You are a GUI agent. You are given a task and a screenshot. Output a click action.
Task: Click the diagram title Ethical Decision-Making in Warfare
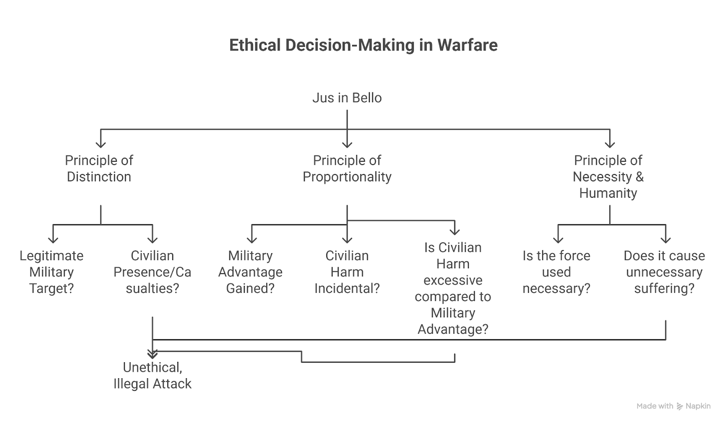pyautogui.click(x=363, y=45)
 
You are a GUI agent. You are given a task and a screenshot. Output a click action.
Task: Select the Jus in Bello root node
pyautogui.click(x=347, y=98)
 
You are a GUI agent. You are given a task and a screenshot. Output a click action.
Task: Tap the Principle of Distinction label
pyautogui.click(x=99, y=169)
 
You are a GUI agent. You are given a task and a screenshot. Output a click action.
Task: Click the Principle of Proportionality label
pyautogui.click(x=347, y=169)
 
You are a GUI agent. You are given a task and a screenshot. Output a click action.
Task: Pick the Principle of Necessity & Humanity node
pyautogui.click(x=608, y=177)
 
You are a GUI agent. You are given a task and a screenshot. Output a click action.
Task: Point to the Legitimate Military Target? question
pyautogui.click(x=51, y=272)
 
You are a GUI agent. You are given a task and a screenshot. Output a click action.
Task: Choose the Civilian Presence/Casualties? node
pyautogui.click(x=152, y=272)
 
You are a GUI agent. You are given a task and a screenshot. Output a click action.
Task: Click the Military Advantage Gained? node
pyautogui.click(x=250, y=272)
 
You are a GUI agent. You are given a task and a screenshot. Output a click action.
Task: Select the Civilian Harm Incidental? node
pyautogui.click(x=347, y=272)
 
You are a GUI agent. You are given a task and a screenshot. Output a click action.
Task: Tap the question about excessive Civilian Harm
pyautogui.click(x=453, y=288)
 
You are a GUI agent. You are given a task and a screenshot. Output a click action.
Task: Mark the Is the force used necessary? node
pyautogui.click(x=556, y=272)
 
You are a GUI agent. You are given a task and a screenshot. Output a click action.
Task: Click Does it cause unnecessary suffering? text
pyautogui.click(x=664, y=272)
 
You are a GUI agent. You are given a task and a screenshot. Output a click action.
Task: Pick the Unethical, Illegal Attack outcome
pyautogui.click(x=152, y=375)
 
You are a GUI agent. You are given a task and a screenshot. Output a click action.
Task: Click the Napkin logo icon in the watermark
pyautogui.click(x=680, y=406)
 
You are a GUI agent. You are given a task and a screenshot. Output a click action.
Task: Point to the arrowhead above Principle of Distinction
pyautogui.click(x=101, y=145)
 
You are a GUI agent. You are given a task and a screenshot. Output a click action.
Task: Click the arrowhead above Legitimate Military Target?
pyautogui.click(x=53, y=240)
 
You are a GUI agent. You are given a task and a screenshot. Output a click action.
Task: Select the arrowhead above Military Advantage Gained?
pyautogui.click(x=252, y=240)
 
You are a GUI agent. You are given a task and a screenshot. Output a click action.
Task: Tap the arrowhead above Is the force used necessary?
pyautogui.click(x=558, y=240)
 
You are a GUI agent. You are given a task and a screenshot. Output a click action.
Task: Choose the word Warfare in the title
pyautogui.click(x=467, y=45)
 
